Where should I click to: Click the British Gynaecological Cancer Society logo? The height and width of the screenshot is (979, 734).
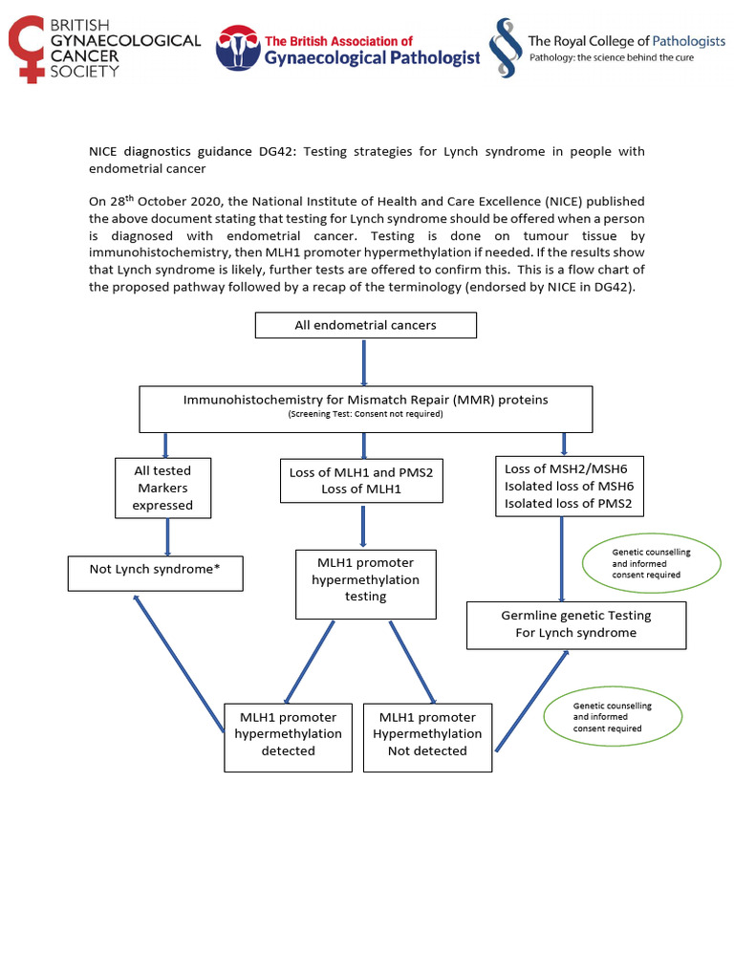(104, 48)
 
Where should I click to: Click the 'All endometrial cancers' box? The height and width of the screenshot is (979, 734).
(365, 325)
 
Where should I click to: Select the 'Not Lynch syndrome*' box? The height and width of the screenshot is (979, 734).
(156, 571)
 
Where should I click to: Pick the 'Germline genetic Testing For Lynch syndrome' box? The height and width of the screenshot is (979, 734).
(576, 624)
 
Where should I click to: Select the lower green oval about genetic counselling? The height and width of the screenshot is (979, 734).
(612, 717)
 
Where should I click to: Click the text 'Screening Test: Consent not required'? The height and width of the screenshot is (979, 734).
(366, 415)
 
